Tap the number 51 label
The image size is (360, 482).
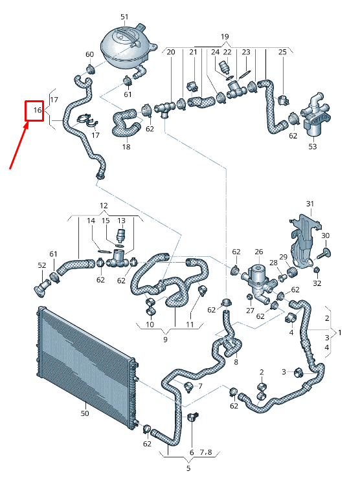[124, 16]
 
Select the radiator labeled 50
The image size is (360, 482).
[84, 362]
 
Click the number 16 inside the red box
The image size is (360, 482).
[37, 111]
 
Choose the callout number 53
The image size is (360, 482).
[313, 148]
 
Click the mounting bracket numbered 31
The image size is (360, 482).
[302, 239]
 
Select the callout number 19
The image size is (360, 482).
[225, 36]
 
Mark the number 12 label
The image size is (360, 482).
[104, 205]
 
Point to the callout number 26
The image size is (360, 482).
[258, 252]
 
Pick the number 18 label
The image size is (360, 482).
[126, 147]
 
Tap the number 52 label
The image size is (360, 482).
[42, 266]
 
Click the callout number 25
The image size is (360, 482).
[282, 51]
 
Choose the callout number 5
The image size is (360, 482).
[188, 468]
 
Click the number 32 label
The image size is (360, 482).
[317, 283]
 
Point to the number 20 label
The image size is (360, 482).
[172, 51]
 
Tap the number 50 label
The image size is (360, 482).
[84, 413]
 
